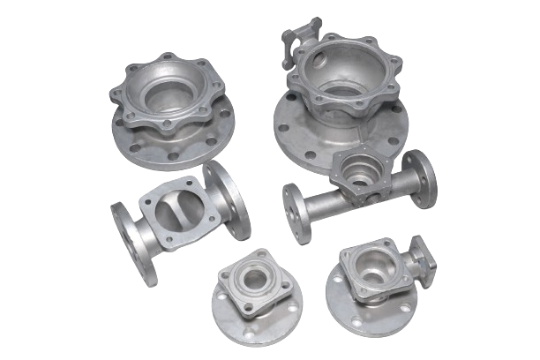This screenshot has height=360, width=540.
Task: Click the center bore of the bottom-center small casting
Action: coord(254,281)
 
